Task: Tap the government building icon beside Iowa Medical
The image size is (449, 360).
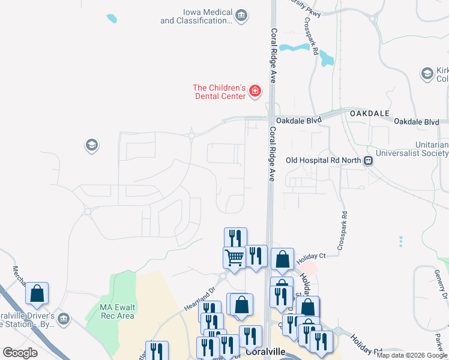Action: click(x=241, y=15)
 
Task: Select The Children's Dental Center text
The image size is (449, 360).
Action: click(x=220, y=91)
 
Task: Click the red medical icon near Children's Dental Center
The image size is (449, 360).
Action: click(x=255, y=91)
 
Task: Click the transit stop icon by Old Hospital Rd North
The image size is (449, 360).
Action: click(x=370, y=160)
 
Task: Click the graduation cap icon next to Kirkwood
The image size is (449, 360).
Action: click(x=427, y=74)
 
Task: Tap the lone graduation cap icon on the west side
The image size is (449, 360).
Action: click(x=91, y=145)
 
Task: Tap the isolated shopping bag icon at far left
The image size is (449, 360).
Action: click(x=37, y=293)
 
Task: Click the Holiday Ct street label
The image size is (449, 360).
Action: click(x=310, y=256)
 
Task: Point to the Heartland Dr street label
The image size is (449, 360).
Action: click(x=199, y=298)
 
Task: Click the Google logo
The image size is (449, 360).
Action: click(x=20, y=353)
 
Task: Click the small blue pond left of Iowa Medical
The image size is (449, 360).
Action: click(x=112, y=19)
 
